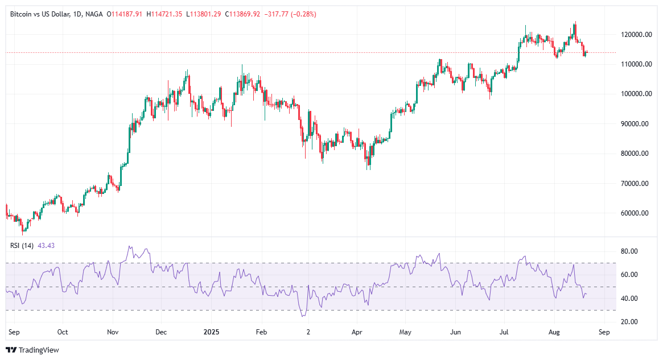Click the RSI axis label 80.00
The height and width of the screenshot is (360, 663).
tap(628, 251)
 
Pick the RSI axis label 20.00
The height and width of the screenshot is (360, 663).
tap(628, 322)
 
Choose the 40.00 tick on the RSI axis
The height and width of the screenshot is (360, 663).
tap(628, 299)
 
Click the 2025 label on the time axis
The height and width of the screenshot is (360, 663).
tap(211, 332)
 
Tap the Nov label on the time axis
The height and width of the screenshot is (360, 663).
tap(113, 332)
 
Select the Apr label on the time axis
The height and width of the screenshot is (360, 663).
tap(357, 332)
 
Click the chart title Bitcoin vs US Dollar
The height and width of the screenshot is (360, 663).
tap(40, 14)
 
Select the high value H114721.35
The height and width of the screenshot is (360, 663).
tap(164, 14)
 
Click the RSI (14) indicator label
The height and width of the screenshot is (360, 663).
tap(22, 245)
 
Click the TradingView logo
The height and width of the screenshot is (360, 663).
tap(32, 350)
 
